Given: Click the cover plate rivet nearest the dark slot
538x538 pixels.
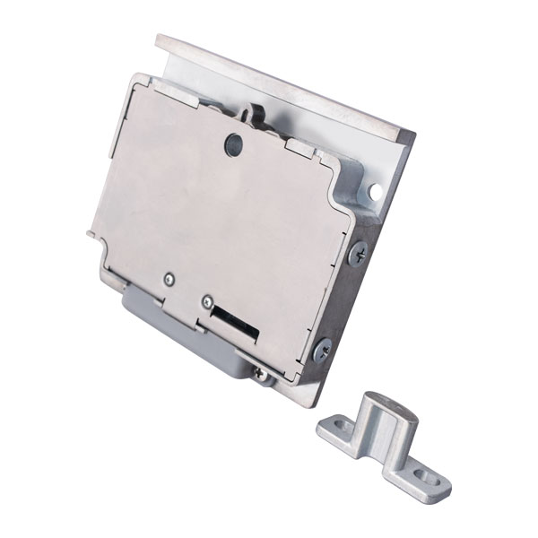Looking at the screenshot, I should pyautogui.click(x=206, y=302).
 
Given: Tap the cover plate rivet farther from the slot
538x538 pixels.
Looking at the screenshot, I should pyautogui.click(x=168, y=280).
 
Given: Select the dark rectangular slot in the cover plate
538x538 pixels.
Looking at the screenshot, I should pyautogui.click(x=235, y=324).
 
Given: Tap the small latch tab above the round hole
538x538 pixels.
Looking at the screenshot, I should pyautogui.click(x=255, y=116).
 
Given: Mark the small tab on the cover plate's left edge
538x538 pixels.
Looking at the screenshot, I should pyautogui.click(x=92, y=235).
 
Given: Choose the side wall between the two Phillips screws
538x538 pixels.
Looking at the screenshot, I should pyautogui.click(x=341, y=300).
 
